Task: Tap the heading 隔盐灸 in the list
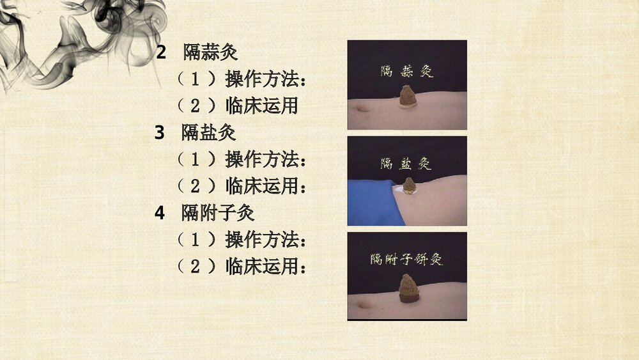(x=208, y=132)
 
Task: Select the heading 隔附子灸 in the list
(x=218, y=212)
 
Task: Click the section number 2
(x=162, y=52)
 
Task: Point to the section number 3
(x=160, y=132)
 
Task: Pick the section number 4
(x=160, y=212)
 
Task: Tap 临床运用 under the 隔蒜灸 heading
(x=262, y=106)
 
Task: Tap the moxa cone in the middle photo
(x=409, y=185)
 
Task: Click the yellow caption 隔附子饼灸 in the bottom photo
(x=406, y=260)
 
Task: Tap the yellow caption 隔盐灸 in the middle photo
(x=406, y=164)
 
